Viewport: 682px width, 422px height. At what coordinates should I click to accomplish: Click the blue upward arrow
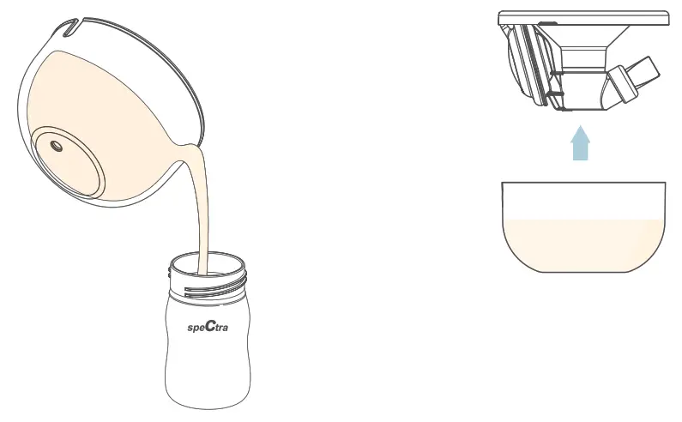coord(582,143)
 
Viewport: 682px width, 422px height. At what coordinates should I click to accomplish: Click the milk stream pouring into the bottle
coord(202,214)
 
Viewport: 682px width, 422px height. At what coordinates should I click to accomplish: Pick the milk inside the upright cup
coord(583,244)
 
